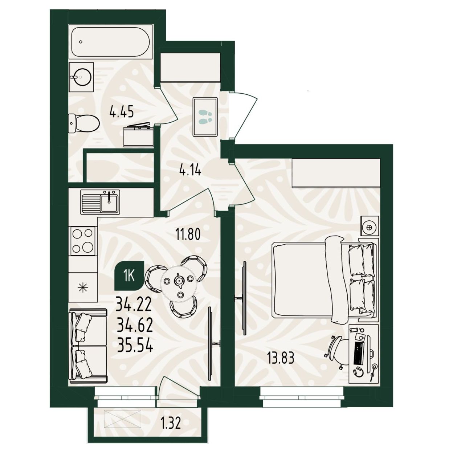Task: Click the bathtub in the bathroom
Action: tap(110, 42)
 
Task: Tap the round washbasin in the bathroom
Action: tap(81, 77)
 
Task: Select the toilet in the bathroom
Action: tap(83, 123)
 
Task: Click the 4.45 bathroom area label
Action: tap(122, 111)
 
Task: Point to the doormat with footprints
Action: tap(205, 117)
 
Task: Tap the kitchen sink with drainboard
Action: tap(100, 202)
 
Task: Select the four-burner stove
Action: tap(82, 241)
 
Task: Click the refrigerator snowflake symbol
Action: tap(83, 287)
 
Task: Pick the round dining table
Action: tap(179, 283)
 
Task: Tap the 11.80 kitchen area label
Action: tap(188, 234)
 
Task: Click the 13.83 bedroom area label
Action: tap(281, 358)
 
